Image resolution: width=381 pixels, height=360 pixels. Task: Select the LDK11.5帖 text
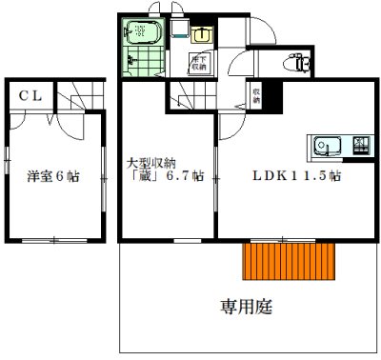297,177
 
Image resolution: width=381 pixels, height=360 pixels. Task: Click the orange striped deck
291,260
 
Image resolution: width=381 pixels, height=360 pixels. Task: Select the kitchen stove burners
362,147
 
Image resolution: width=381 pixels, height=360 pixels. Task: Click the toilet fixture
298,64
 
